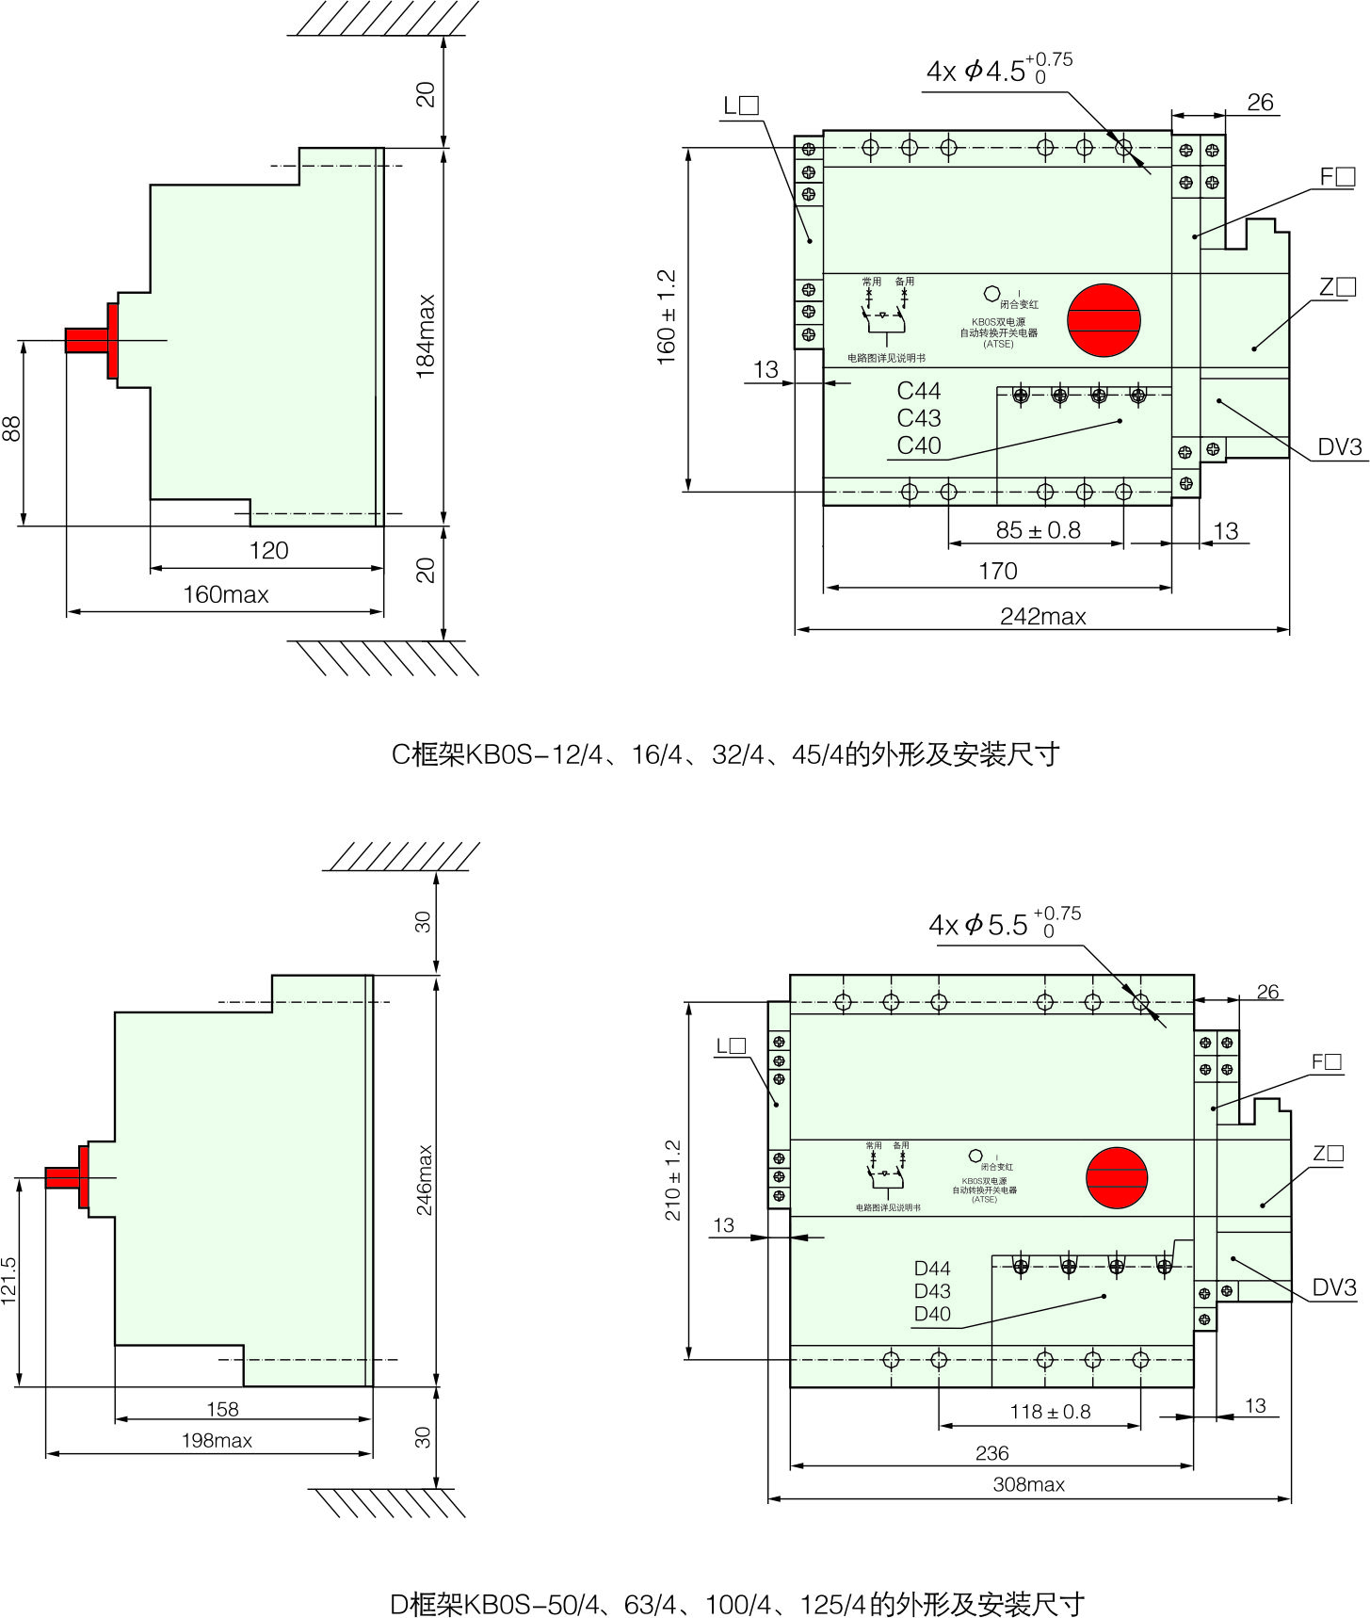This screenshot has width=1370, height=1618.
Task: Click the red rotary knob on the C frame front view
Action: (1104, 320)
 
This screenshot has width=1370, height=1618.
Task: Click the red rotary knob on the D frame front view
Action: (1117, 1177)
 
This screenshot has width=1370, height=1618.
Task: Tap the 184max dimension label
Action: (426, 336)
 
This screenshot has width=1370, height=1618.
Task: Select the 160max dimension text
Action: (226, 595)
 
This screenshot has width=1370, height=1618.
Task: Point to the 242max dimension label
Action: (1043, 617)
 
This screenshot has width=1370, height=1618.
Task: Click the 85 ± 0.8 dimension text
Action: (1038, 530)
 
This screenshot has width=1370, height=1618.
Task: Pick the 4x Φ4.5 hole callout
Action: (998, 71)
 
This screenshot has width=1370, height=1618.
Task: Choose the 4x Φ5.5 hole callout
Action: (1004, 925)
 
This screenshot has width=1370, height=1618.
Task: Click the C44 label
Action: (918, 391)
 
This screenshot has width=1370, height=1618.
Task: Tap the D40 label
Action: (932, 1314)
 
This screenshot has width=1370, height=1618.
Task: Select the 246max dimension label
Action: (425, 1180)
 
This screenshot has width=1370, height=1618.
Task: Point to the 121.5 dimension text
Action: (9, 1281)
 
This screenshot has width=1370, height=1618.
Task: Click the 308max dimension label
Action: (1029, 1485)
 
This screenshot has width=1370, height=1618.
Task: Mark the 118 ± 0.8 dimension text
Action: (1050, 1412)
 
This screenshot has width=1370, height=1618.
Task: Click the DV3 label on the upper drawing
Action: (1339, 447)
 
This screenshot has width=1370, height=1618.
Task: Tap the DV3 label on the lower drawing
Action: (1334, 1288)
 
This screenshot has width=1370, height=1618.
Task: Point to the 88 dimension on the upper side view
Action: (11, 429)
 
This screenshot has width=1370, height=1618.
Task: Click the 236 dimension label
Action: (991, 1453)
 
